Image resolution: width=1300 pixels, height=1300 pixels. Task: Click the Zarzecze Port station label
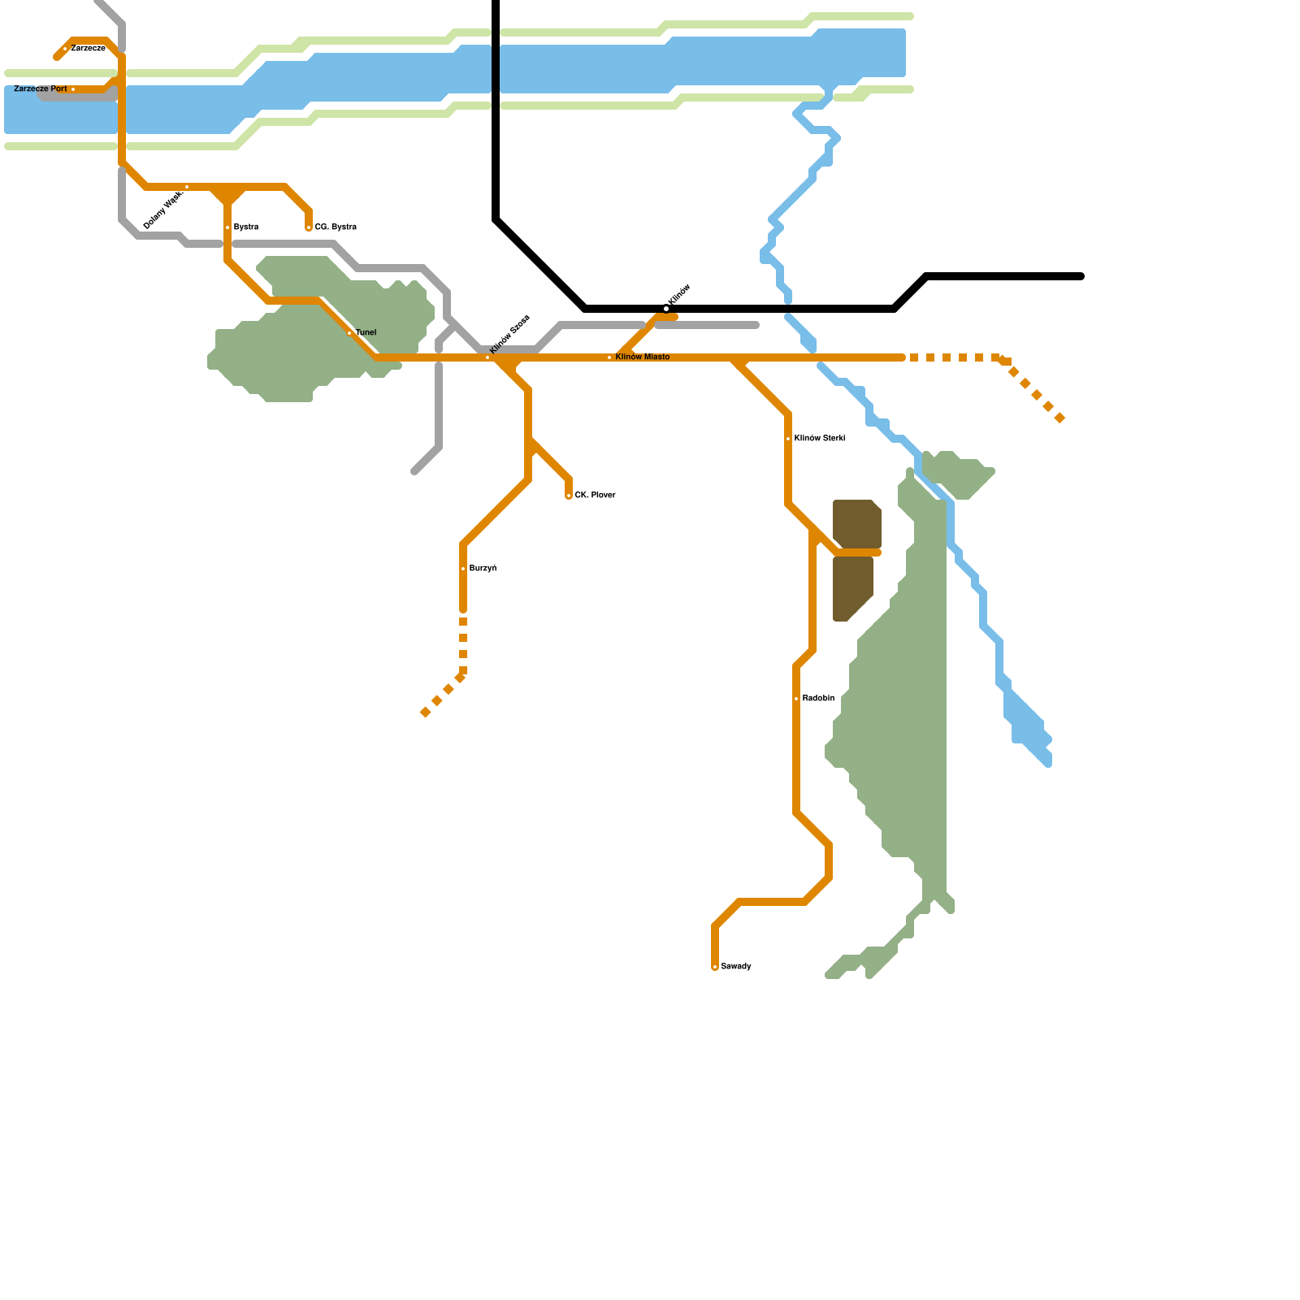coord(41,89)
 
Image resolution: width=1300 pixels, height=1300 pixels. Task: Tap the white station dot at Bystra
coord(227,227)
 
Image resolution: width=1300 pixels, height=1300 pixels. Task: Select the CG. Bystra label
coord(336,227)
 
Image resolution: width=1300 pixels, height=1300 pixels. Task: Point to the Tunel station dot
coord(349,333)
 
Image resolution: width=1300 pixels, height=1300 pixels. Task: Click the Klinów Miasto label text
coord(643,357)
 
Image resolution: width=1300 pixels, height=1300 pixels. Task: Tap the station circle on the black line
coord(666,309)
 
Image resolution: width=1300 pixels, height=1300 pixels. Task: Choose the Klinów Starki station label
coord(819,439)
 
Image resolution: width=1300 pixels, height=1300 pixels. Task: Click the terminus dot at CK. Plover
coord(569,496)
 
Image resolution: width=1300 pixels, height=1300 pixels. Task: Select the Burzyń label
coord(483,569)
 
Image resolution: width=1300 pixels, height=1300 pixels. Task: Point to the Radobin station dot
coord(796,699)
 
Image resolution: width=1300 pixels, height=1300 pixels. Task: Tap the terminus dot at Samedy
coord(715,967)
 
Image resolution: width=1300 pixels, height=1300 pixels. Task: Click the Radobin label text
coord(818,699)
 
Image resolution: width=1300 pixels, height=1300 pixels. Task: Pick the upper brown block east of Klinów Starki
coord(856,523)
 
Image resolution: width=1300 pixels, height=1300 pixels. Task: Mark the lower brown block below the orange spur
coord(851,587)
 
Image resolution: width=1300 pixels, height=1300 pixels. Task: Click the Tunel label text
coord(366,333)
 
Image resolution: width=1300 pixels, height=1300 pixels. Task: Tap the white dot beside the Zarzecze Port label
coord(73,89)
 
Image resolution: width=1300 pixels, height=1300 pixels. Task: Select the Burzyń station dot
coord(463,569)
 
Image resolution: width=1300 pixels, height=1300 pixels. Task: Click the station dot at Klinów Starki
coord(788,439)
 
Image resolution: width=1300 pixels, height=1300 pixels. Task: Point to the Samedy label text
coord(736,967)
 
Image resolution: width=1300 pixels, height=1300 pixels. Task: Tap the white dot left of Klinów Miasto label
coord(609,357)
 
